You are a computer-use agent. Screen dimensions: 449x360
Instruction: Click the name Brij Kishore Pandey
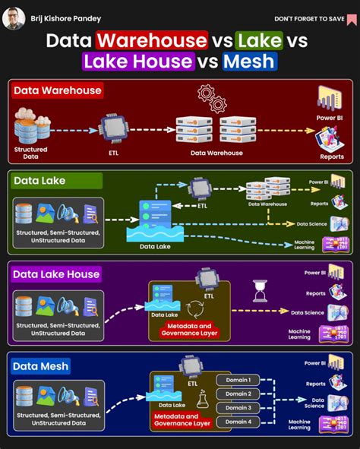65,18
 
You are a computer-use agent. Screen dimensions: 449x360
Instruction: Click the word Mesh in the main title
249,61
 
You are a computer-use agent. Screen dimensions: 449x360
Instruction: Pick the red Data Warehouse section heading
58,91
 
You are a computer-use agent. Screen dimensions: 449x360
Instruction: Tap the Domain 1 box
238,379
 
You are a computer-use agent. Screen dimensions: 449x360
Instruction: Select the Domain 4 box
238,422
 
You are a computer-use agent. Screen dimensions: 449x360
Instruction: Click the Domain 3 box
238,408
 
